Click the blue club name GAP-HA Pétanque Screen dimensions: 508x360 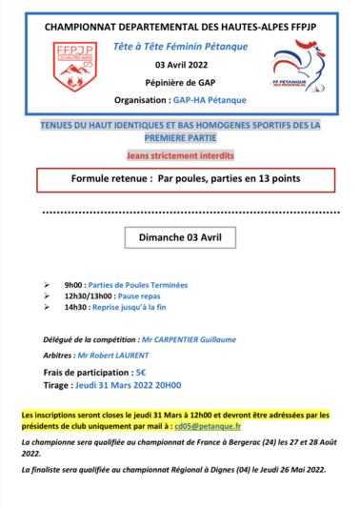pyautogui.click(x=211, y=98)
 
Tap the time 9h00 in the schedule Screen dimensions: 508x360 pyautogui.click(x=73, y=285)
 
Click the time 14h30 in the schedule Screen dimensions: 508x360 pyautogui.click(x=75, y=308)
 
